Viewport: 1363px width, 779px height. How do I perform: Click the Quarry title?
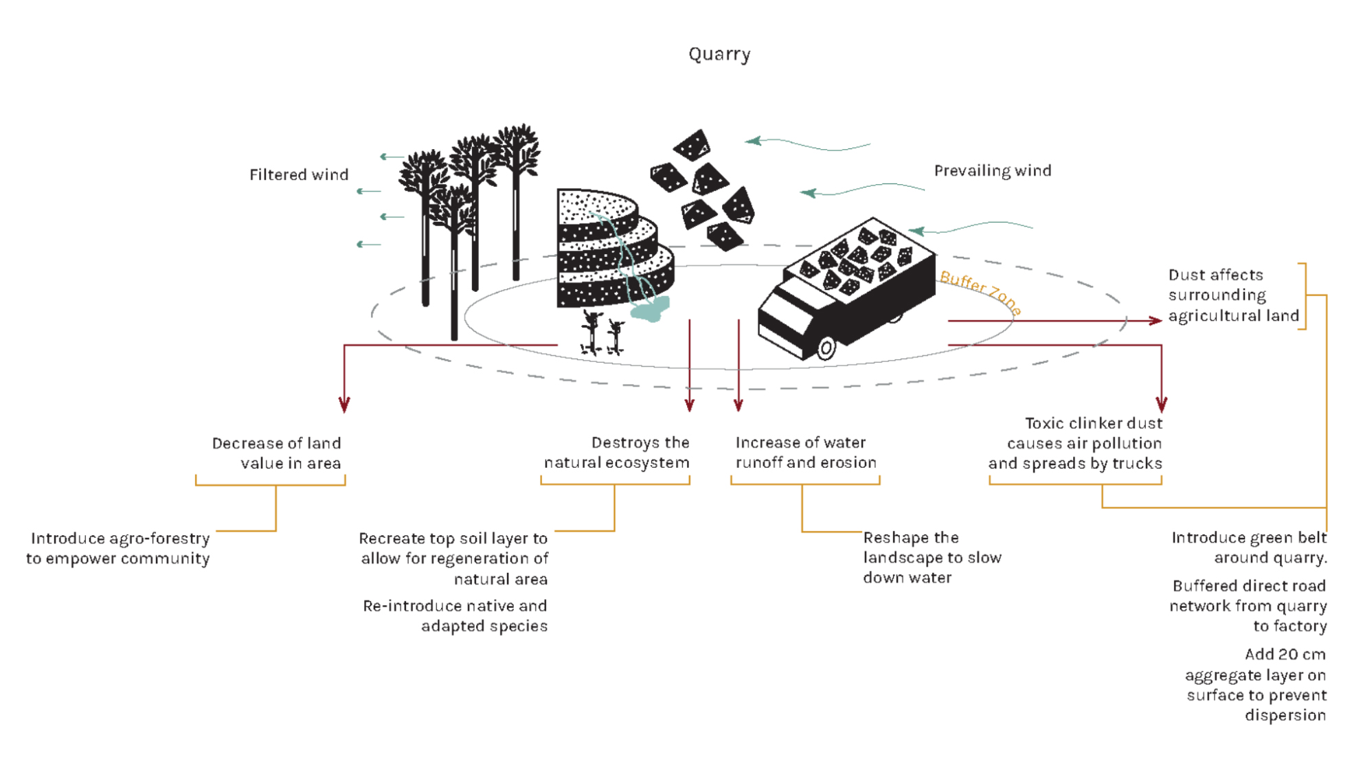click(x=719, y=54)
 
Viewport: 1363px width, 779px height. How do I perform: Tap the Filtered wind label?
click(x=299, y=175)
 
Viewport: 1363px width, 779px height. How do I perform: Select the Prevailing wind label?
click(x=992, y=171)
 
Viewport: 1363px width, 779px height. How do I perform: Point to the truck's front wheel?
click(x=826, y=348)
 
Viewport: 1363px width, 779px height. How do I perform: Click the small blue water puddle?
click(x=650, y=310)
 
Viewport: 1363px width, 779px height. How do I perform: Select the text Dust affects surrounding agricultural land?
click(x=1233, y=295)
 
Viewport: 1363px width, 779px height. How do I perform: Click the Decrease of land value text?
click(x=277, y=453)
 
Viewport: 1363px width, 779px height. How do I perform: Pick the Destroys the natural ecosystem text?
click(x=617, y=453)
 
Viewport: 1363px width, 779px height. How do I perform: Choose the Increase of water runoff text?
click(x=805, y=453)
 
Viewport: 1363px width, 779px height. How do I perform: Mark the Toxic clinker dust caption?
click(x=1075, y=443)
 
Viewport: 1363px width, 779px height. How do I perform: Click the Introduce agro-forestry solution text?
click(x=118, y=548)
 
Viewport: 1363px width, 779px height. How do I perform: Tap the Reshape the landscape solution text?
click(x=932, y=557)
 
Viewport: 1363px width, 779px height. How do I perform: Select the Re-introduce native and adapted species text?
click(x=455, y=616)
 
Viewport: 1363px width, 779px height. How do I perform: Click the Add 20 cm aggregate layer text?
click(x=1257, y=684)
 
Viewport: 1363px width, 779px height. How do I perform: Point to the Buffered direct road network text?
click(x=1248, y=606)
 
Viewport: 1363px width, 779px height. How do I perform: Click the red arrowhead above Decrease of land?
click(x=345, y=405)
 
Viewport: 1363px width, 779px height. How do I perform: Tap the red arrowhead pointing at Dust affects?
click(x=1154, y=321)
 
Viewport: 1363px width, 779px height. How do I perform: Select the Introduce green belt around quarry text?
click(x=1249, y=547)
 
